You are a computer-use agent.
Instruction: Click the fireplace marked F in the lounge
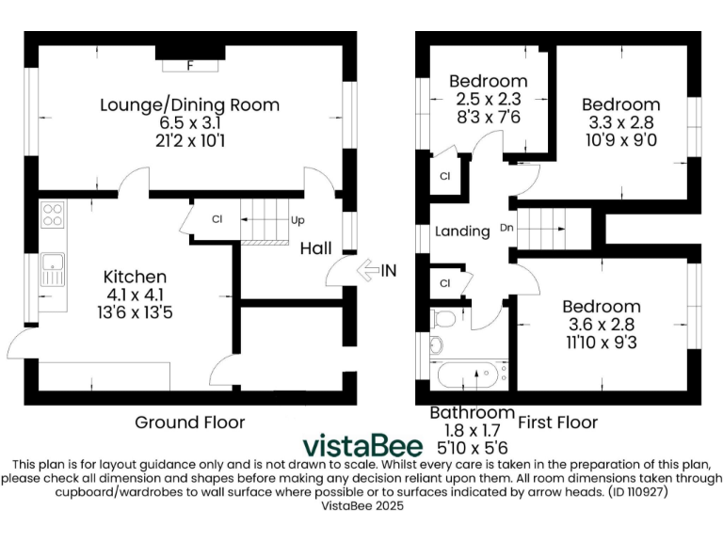190,66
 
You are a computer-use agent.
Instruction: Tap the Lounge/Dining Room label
190,104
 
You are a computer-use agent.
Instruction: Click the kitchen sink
52,271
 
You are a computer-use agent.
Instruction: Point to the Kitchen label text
135,277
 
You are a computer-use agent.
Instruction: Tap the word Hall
315,248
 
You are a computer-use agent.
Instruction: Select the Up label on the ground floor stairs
297,220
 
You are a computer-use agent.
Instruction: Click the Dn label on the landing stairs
506,228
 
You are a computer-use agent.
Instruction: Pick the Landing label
462,231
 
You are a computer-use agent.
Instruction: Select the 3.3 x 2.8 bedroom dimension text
619,122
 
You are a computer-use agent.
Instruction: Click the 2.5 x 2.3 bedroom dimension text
488,99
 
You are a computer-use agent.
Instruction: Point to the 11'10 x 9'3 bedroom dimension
601,343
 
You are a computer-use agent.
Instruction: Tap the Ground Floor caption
189,422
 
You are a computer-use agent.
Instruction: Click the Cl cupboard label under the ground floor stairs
216,220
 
